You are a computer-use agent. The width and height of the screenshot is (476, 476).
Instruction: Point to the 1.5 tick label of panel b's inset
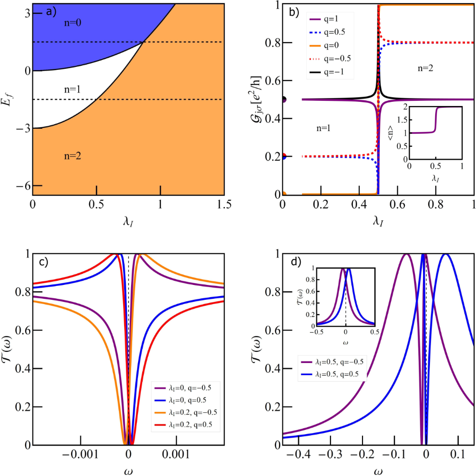tap(400, 119)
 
